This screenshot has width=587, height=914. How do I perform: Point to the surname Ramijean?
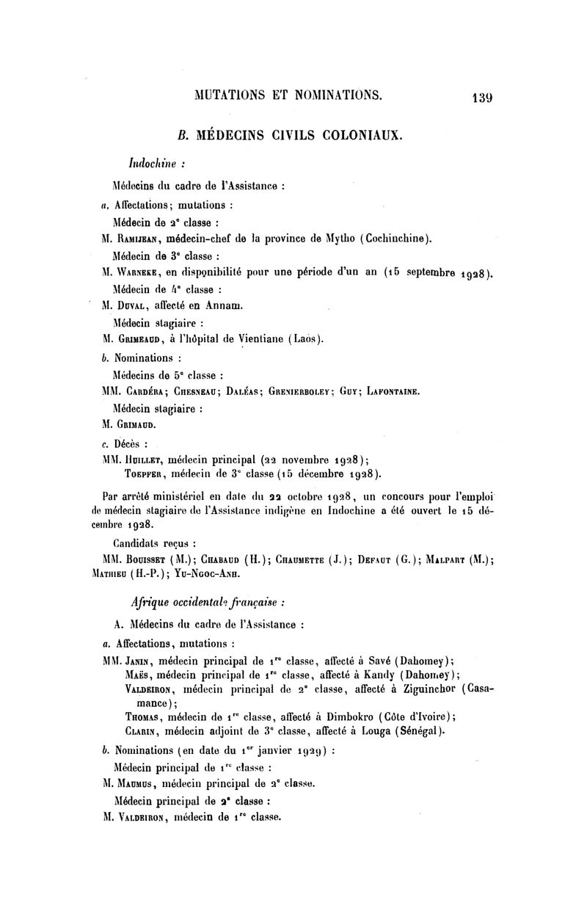(139, 238)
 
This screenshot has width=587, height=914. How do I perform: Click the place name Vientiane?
(263, 339)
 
